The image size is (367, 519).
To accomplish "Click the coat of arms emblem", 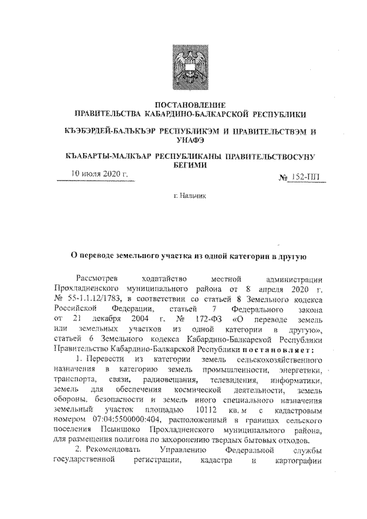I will click(x=183, y=68).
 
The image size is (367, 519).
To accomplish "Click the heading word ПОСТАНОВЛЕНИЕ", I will click(x=183, y=105).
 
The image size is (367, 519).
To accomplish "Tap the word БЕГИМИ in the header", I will click(x=183, y=165).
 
